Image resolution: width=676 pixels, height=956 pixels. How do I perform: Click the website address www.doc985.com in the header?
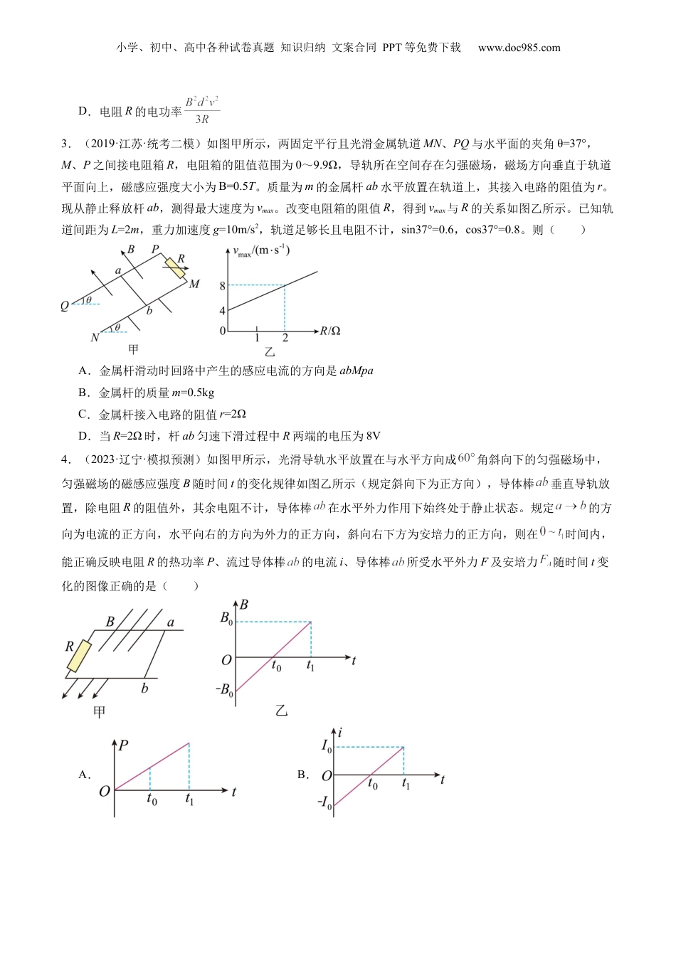coord(519,48)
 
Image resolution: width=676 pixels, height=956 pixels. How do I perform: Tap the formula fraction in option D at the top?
coord(202,110)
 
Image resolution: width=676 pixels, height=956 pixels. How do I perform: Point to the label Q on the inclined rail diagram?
coord(65,306)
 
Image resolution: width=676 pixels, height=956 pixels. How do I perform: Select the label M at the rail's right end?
coord(194,284)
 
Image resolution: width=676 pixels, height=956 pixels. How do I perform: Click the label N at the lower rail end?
coord(95,337)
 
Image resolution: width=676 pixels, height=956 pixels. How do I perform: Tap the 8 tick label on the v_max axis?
coord(222,286)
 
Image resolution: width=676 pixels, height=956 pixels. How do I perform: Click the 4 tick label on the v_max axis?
coord(222,311)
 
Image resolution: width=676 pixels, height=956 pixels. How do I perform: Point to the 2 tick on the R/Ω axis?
coord(285,339)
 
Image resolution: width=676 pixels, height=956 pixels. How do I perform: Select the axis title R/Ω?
coord(330,331)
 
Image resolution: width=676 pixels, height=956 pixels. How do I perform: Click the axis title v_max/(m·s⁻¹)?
coord(261,251)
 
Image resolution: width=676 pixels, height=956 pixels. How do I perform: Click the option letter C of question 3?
coord(83,414)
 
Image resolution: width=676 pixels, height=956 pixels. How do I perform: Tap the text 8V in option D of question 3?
coord(373,436)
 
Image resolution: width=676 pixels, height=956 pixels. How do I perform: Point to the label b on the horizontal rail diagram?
coord(144,688)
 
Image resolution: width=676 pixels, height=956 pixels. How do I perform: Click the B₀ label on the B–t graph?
coord(226,618)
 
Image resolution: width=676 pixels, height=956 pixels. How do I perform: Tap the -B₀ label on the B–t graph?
coord(224,689)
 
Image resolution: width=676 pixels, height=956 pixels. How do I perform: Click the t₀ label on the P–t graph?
coord(152,800)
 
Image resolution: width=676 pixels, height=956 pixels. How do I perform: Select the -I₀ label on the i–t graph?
coord(324,803)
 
